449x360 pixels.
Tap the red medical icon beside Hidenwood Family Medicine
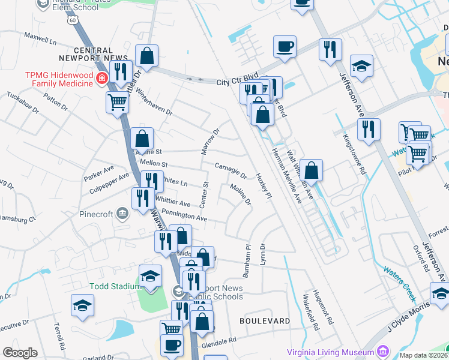tap(101, 79)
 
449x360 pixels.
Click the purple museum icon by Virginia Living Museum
tap(382, 352)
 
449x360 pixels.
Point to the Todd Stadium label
tap(114, 286)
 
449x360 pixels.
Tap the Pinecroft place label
tap(96, 214)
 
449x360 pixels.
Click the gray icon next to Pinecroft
tap(121, 213)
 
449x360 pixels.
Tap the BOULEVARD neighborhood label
tap(265, 321)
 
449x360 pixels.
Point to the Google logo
tap(20, 352)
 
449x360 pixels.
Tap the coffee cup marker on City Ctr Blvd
tap(285, 46)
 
